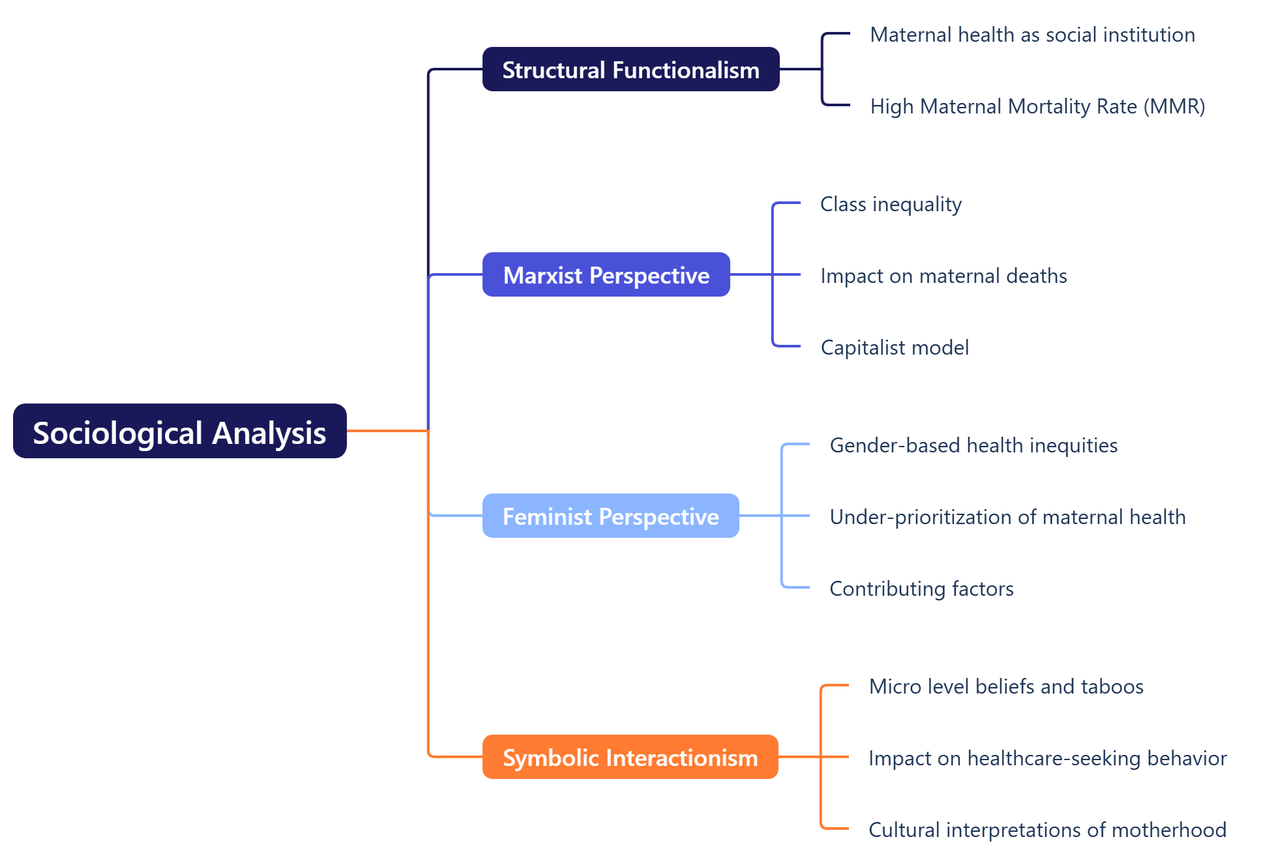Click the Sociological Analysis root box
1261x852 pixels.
coord(179,431)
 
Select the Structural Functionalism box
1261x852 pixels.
coord(630,69)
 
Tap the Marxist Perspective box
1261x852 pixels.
coord(606,274)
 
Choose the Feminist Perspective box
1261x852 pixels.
coord(610,516)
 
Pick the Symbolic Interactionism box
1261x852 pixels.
coord(630,757)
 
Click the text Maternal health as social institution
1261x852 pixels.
coord(1032,35)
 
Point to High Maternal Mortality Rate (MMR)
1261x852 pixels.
coord(1037,106)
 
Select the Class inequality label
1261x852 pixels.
coord(891,204)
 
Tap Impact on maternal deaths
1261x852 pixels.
coord(943,276)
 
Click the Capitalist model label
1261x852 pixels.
coord(895,347)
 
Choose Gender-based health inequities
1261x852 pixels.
coord(973,445)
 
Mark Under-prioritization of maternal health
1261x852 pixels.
coord(1007,517)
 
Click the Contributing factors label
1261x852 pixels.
coord(921,589)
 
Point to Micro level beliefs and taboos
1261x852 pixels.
coord(1006,686)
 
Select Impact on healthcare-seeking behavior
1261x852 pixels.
coord(1047,758)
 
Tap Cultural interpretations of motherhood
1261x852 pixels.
coord(1047,830)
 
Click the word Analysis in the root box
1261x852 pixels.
coord(269,433)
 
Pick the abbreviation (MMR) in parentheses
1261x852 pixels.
coord(1174,106)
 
